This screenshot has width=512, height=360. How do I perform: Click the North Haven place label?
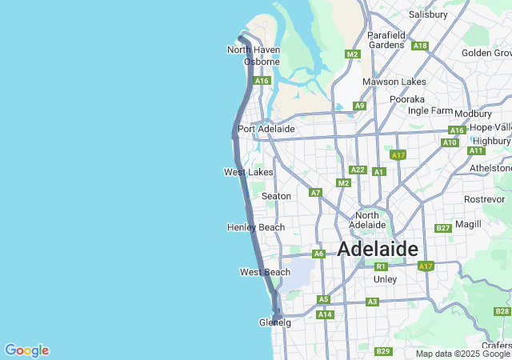[x=253, y=50]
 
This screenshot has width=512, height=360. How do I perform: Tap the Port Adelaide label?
[x=266, y=129]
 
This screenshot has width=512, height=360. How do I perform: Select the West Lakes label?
[x=248, y=172]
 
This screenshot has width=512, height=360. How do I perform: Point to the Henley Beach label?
[x=256, y=227]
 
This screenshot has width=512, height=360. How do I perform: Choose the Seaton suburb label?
[x=276, y=196]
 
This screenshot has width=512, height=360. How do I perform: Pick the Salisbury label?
[x=428, y=14]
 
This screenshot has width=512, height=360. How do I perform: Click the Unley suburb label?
[x=386, y=279]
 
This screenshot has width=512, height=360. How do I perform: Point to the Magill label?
[x=468, y=224]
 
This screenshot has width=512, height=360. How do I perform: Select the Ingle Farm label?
[x=430, y=110]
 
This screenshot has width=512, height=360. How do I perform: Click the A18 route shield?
[x=420, y=46]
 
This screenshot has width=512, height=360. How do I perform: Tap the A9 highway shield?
[x=359, y=106]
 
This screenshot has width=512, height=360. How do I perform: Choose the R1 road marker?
[x=381, y=266]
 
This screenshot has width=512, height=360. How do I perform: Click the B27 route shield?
[x=443, y=228]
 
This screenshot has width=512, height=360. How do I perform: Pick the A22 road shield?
[x=358, y=170]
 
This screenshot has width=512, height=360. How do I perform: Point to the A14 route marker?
[x=325, y=314]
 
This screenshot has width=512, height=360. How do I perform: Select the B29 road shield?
[x=383, y=351]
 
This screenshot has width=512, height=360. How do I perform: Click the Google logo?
[x=26, y=350]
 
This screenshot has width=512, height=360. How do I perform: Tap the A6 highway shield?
[x=318, y=254]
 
